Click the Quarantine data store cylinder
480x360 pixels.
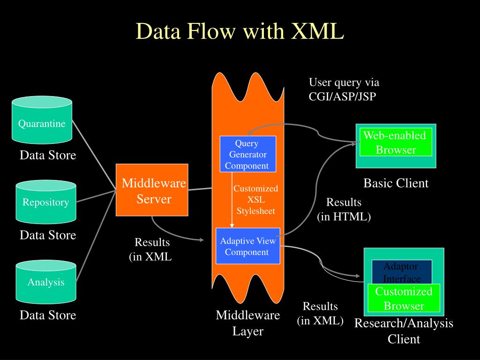[42, 120]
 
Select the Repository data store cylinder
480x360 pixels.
[46, 202]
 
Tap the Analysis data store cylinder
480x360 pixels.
[46, 282]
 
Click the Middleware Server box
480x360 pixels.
[152, 190]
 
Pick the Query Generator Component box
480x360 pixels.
[248, 154]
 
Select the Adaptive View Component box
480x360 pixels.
[248, 246]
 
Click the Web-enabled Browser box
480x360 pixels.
[396, 142]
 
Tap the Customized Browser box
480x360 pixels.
[404, 298]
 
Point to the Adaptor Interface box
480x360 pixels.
[402, 272]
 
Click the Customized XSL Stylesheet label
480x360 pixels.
[256, 200]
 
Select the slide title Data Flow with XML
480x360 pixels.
[240, 30]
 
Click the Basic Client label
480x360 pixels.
[396, 183]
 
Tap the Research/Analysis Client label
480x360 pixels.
[404, 331]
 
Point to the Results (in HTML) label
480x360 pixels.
[344, 209]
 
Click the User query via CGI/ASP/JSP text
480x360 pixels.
[344, 89]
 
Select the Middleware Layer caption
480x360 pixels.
[247, 323]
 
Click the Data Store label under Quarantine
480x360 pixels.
[48, 155]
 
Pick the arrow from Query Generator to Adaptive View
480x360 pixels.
[232, 200]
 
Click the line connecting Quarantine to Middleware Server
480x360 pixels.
[94, 155]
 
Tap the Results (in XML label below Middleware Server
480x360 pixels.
[150, 249]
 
